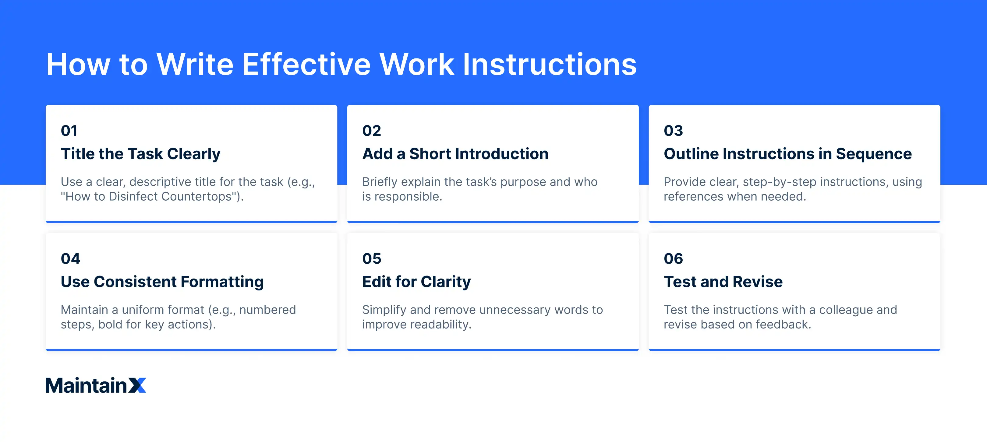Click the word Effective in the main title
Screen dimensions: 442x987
tap(306, 64)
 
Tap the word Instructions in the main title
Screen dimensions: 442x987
tap(550, 64)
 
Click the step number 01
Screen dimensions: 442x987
tap(69, 131)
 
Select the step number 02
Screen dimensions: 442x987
tap(371, 131)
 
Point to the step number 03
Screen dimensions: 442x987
tap(673, 131)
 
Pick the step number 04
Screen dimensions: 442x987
tap(70, 258)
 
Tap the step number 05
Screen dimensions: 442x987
tap(372, 258)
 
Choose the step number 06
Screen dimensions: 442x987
tap(673, 258)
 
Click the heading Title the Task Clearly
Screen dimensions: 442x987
tap(141, 154)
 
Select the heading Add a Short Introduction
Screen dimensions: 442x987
tap(455, 154)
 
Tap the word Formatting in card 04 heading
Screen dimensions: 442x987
tap(222, 282)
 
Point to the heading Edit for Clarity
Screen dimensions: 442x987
tap(416, 282)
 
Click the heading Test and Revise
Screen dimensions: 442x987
tap(723, 282)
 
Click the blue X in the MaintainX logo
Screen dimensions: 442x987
tap(137, 385)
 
